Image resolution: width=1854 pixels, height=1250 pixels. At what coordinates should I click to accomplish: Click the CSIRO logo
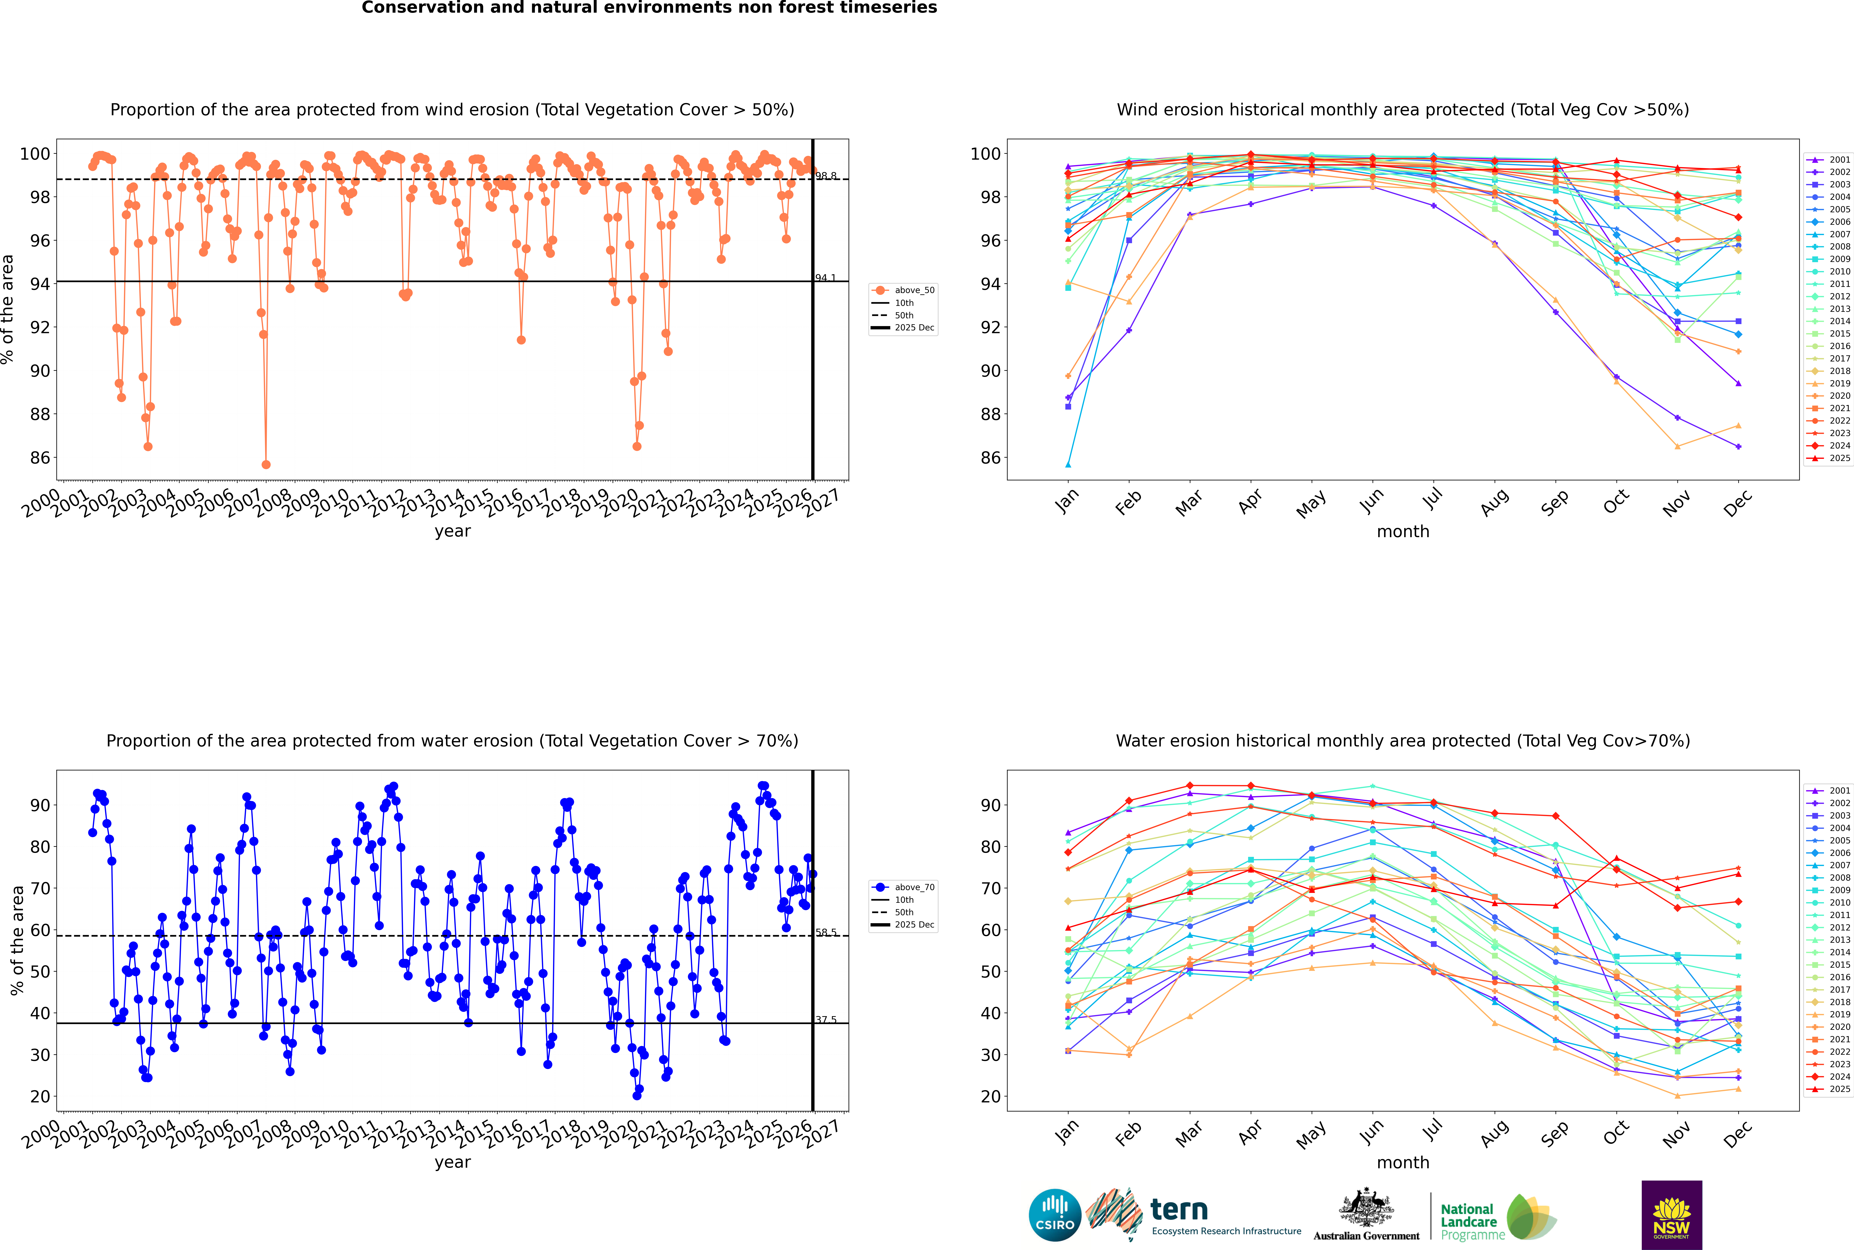coord(1054,1215)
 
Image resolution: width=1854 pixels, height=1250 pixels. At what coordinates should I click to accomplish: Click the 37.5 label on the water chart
coord(826,1020)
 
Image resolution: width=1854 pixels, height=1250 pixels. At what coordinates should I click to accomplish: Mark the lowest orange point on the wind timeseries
coord(266,465)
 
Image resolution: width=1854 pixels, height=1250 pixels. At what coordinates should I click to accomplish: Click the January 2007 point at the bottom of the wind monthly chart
coord(1068,465)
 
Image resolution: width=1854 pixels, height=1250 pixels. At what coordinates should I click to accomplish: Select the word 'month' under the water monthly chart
coord(1403,1162)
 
